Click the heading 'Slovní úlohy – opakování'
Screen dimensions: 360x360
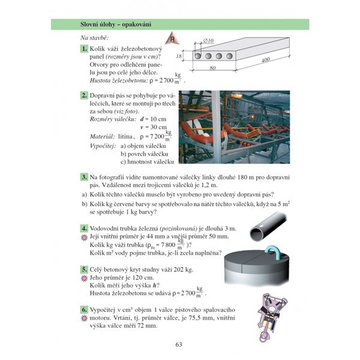[116, 24]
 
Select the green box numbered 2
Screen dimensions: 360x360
[84, 96]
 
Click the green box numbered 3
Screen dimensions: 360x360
[84, 178]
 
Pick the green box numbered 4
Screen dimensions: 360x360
[84, 229]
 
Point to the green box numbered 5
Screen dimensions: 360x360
[84, 271]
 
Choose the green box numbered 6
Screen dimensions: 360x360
[84, 309]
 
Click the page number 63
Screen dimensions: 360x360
[179, 344]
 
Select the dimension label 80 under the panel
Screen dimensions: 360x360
[213, 68]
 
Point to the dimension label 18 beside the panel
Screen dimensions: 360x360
[179, 56]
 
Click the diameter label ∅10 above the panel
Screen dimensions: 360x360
[208, 41]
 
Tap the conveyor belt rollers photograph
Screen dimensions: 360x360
[234, 127]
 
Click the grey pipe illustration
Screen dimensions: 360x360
[267, 230]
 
